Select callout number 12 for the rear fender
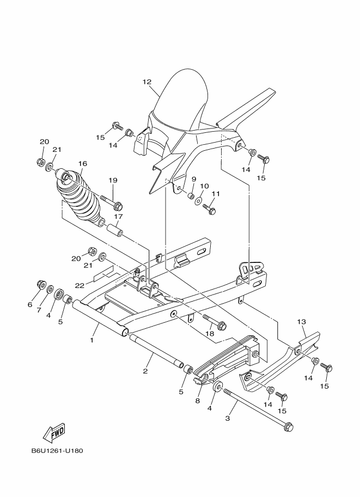147,82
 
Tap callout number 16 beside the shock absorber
83,163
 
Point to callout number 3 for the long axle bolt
228,418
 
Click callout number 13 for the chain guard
302,322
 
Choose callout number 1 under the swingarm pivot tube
91,340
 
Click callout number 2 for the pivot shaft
145,371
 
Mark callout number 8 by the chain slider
197,401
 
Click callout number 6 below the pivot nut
30,305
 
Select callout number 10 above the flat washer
204,186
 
